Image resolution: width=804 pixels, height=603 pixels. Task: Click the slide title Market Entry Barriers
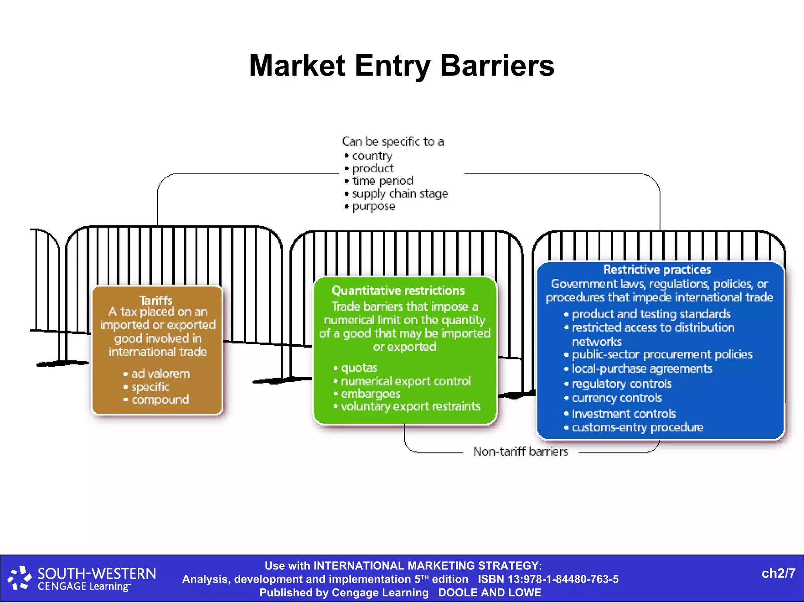(x=402, y=66)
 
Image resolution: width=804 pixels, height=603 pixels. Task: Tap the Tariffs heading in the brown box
(x=156, y=300)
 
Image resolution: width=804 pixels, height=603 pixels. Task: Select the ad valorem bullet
(x=160, y=373)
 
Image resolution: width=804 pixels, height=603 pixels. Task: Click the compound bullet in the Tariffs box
(x=160, y=400)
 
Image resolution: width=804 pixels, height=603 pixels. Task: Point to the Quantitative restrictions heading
(x=398, y=291)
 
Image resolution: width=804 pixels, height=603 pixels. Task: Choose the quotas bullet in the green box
(x=359, y=368)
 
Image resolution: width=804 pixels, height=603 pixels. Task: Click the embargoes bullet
(x=370, y=394)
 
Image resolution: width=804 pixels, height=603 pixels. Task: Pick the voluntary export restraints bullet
(x=410, y=406)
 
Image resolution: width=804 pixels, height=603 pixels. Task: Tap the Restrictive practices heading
(x=657, y=270)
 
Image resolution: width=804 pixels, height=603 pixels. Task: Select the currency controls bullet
(x=617, y=398)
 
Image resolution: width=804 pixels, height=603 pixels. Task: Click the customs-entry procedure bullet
(x=637, y=427)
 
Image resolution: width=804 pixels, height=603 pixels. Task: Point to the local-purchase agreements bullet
(x=642, y=369)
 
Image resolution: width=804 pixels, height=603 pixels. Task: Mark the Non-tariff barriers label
(x=521, y=451)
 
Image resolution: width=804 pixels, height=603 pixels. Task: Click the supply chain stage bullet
(x=400, y=194)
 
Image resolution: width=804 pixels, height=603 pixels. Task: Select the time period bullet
(x=382, y=181)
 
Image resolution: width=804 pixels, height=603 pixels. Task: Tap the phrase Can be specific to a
(x=393, y=141)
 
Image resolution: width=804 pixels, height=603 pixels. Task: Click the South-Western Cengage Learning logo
(x=82, y=579)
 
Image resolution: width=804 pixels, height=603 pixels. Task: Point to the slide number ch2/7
(x=778, y=574)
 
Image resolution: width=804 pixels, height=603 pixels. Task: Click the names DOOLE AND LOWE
(x=490, y=592)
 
